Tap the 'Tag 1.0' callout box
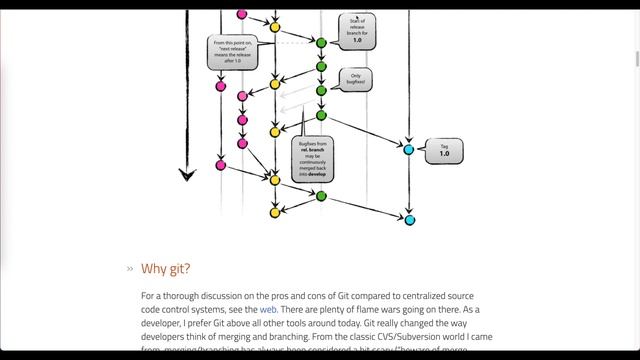[x=444, y=151]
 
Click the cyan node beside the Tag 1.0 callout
[x=408, y=149]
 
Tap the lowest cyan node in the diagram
[x=409, y=219]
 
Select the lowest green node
[x=321, y=196]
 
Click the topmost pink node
[x=241, y=15]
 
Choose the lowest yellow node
[x=275, y=212]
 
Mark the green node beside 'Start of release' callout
[x=321, y=43]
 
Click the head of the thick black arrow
[x=187, y=175]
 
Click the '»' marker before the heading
[x=129, y=269]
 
